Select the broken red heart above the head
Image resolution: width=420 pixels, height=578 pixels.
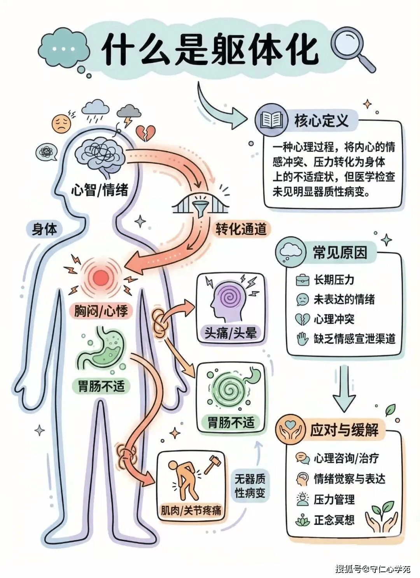[x=145, y=133]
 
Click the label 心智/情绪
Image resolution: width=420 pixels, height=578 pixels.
[x=100, y=190]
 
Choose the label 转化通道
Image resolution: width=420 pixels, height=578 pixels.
[x=241, y=229]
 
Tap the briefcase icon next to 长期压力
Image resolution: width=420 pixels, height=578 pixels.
[x=302, y=280]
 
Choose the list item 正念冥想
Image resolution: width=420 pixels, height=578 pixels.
[x=334, y=520]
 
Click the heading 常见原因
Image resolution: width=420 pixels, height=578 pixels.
[x=340, y=252]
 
